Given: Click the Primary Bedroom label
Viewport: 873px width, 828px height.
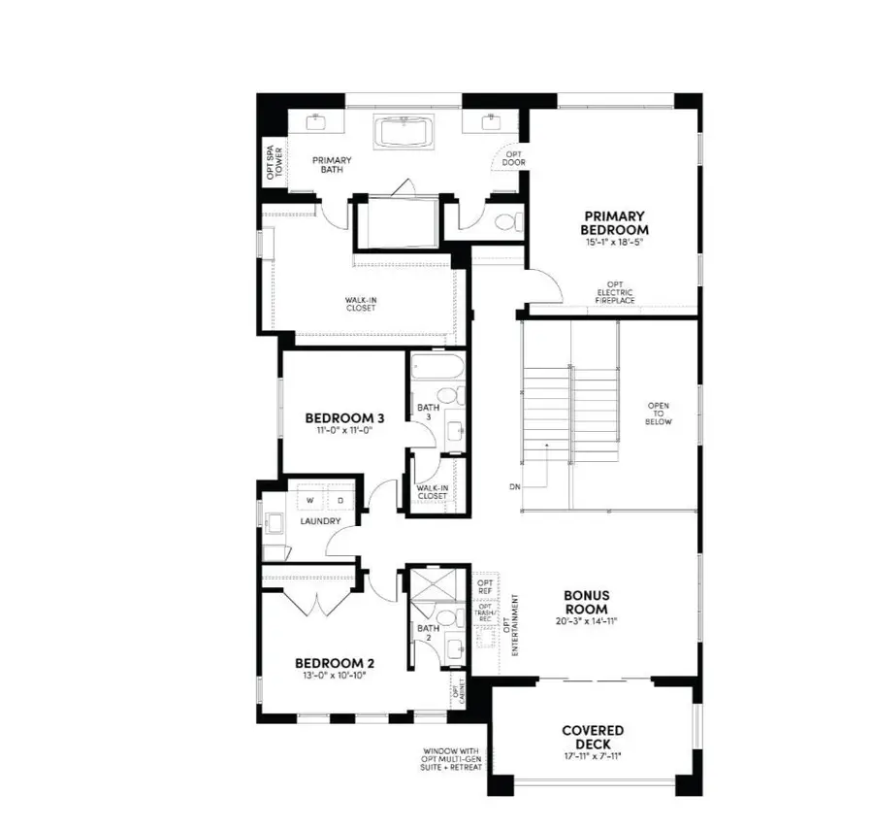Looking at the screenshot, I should [x=615, y=222].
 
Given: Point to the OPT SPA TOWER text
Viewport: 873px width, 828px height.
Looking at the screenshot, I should [x=275, y=163].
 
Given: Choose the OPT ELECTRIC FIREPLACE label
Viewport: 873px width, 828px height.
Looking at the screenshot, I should [x=615, y=294].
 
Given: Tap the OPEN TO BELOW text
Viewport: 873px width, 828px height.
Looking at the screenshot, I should [x=659, y=414].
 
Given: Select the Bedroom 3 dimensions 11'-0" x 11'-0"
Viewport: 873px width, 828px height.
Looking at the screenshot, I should [x=344, y=430].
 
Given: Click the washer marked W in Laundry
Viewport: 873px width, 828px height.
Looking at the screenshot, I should [x=310, y=500].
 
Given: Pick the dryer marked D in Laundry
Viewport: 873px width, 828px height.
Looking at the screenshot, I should [x=339, y=500].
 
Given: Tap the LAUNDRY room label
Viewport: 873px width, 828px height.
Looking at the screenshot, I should [x=320, y=522].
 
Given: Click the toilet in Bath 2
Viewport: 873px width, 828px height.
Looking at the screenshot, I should [x=444, y=617].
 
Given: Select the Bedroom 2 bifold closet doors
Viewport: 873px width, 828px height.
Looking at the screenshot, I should [x=317, y=603].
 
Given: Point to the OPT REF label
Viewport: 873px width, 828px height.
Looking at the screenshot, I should [x=486, y=588].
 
